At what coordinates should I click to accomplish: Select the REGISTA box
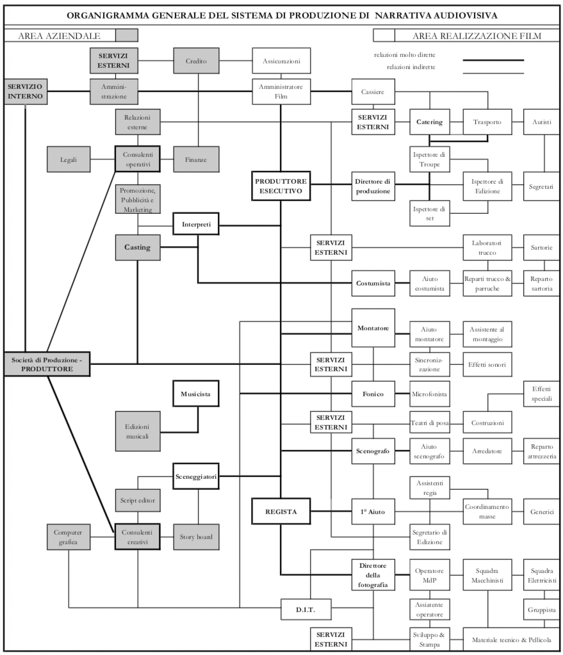pos(281,511)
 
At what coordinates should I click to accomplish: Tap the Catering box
pos(429,122)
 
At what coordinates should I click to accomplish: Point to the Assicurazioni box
pos(281,61)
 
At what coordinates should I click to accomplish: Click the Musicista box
pos(196,394)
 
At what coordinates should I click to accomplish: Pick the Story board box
pos(196,537)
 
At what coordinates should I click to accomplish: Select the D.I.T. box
pos(306,609)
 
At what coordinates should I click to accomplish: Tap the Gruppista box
pos(543,609)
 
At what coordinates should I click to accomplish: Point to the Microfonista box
pos(429,394)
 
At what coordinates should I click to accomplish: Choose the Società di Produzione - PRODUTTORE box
pos(47,364)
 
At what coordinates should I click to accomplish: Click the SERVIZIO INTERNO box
pos(25,92)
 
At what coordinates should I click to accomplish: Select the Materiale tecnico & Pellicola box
pos(511,640)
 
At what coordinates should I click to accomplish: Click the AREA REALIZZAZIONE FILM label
pos(477,36)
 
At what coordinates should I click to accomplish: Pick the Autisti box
pos(543,122)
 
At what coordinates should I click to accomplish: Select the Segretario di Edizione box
pos(429,537)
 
